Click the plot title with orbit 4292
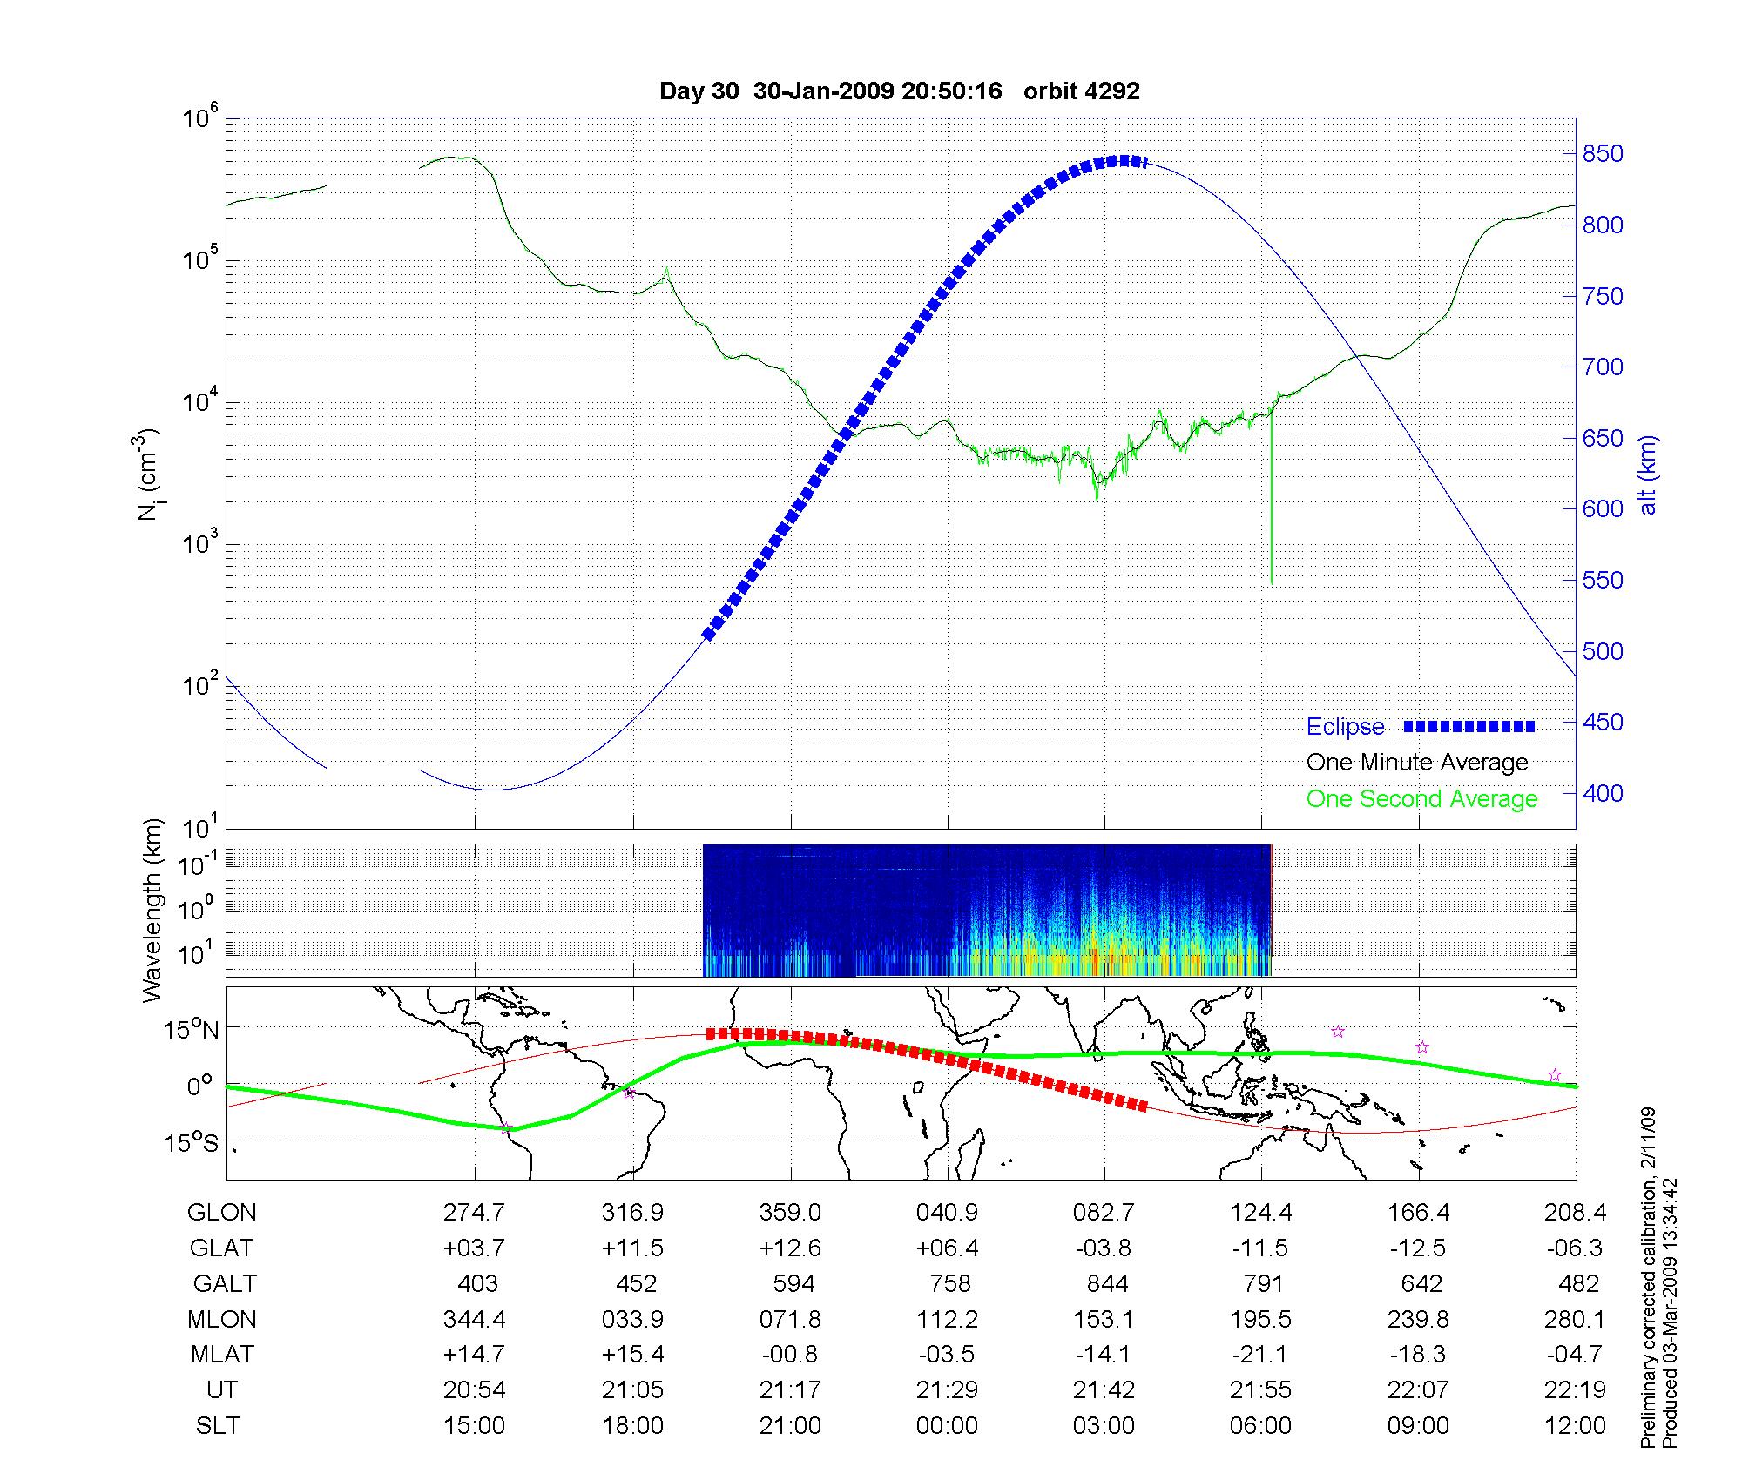pyautogui.click(x=899, y=91)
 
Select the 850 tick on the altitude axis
pyautogui.click(x=1603, y=154)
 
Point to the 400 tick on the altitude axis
pyautogui.click(x=1603, y=793)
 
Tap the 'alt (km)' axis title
pyautogui.click(x=1648, y=475)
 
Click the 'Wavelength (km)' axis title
pyautogui.click(x=152, y=910)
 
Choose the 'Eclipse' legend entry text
pyautogui.click(x=1345, y=727)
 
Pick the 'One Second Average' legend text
pyautogui.click(x=1421, y=799)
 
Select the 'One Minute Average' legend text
pyautogui.click(x=1417, y=763)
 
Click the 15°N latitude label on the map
pyautogui.click(x=192, y=1031)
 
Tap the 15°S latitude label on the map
pyautogui.click(x=192, y=1142)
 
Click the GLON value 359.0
pyautogui.click(x=790, y=1213)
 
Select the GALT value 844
pyautogui.click(x=1106, y=1284)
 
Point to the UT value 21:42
pyautogui.click(x=1104, y=1390)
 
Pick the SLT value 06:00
pyautogui.click(x=1260, y=1426)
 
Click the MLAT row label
pyautogui.click(x=222, y=1355)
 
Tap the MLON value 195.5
pyautogui.click(x=1260, y=1320)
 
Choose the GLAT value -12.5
pyautogui.click(x=1418, y=1248)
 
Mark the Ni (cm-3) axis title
pyautogui.click(x=148, y=474)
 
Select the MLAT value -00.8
pyautogui.click(x=790, y=1355)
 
